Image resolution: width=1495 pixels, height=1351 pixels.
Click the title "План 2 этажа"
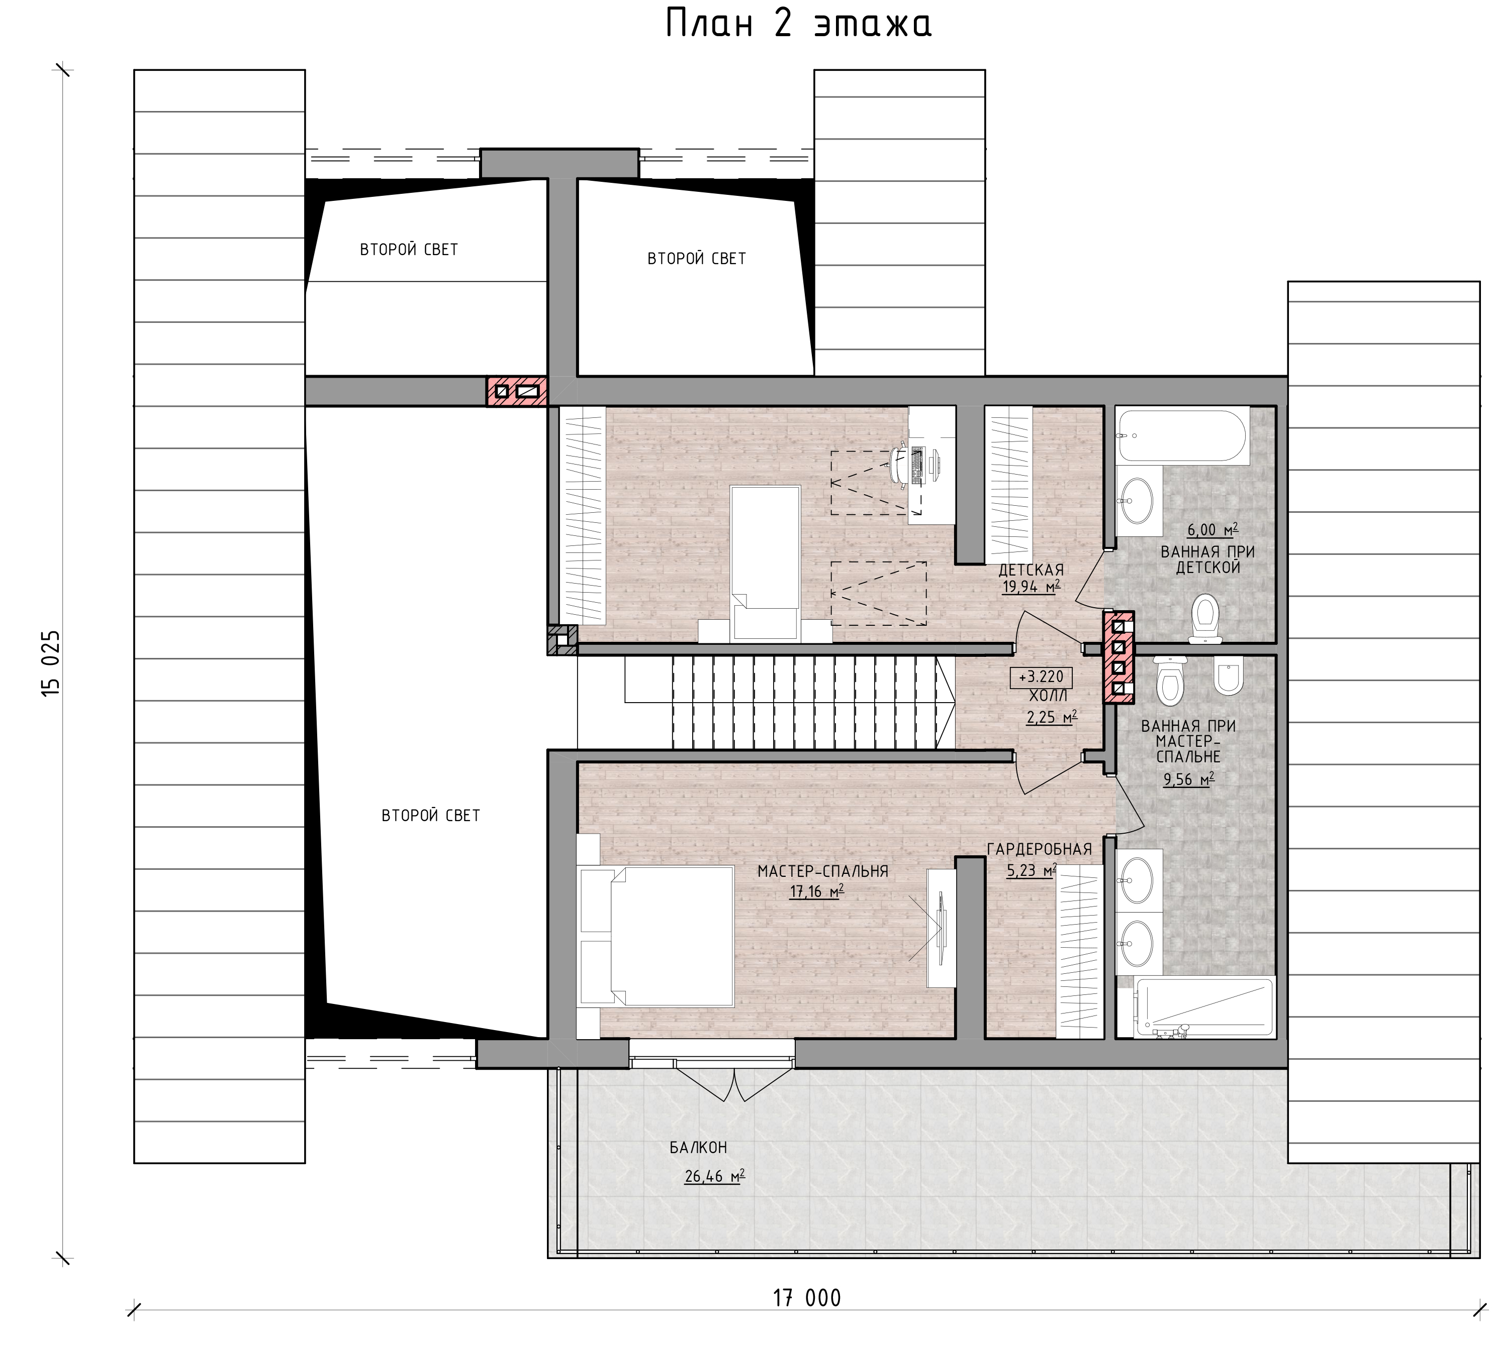[799, 24]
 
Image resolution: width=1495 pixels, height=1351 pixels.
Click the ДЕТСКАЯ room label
[1031, 570]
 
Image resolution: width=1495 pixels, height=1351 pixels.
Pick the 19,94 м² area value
[1032, 587]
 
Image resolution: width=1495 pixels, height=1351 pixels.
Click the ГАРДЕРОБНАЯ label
[1039, 849]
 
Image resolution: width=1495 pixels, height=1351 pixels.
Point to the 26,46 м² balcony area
[715, 1176]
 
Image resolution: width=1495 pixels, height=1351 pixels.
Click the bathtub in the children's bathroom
[1183, 436]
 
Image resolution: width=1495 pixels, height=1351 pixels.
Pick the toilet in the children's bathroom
[1205, 619]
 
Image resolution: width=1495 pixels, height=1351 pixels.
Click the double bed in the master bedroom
[657, 937]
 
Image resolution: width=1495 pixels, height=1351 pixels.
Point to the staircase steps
[813, 703]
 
